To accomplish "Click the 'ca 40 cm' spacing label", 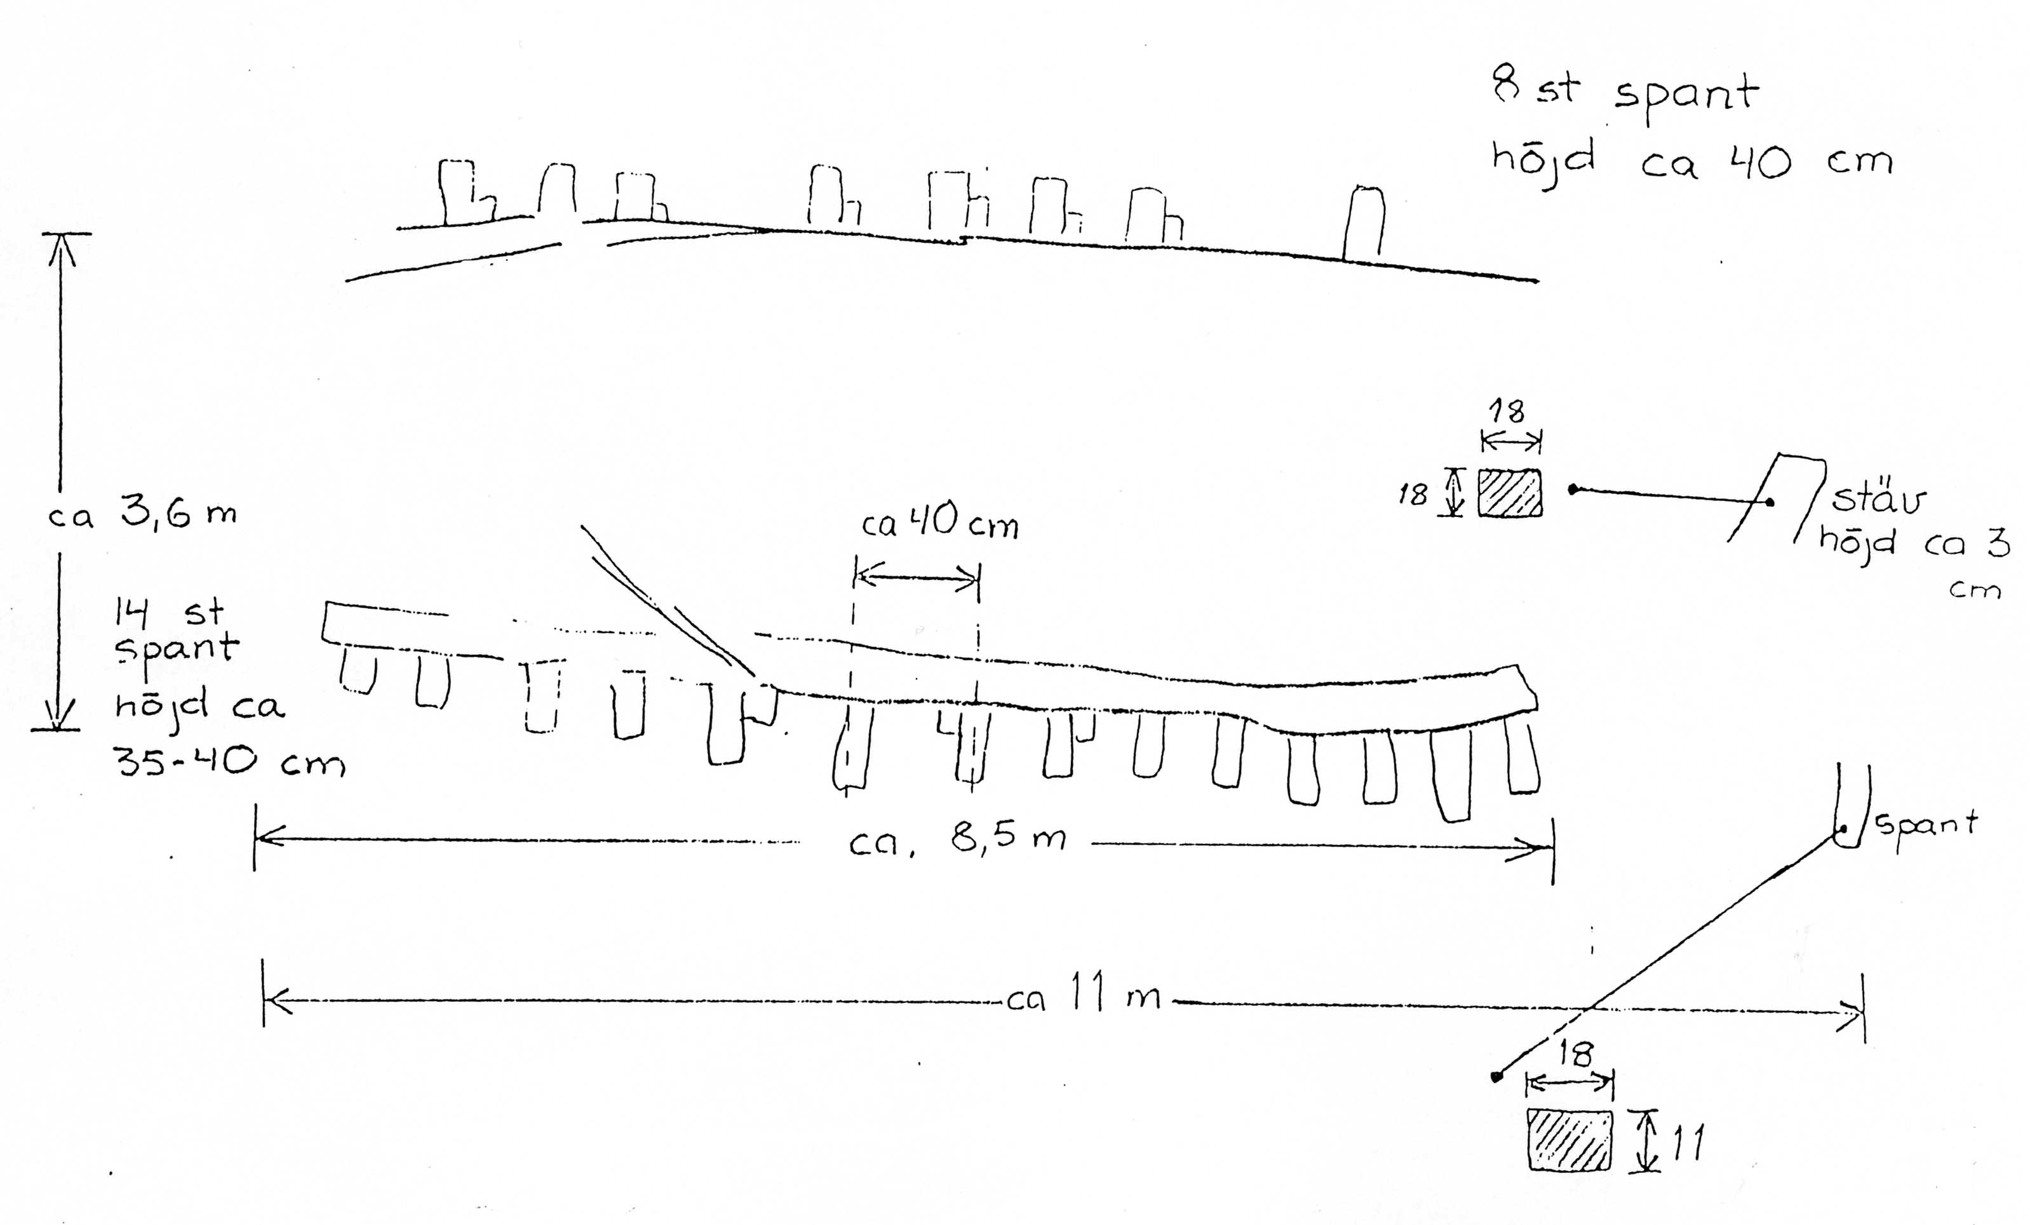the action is [940, 523].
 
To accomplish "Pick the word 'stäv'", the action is [1878, 499].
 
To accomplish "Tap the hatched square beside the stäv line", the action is [1509, 493].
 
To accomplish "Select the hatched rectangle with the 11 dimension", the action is [1570, 1139].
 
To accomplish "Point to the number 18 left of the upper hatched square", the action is [1413, 494].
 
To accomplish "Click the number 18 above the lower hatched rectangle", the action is [1575, 1054].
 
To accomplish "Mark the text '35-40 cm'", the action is [230, 762].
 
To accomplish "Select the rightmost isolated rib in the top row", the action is [1364, 222].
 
